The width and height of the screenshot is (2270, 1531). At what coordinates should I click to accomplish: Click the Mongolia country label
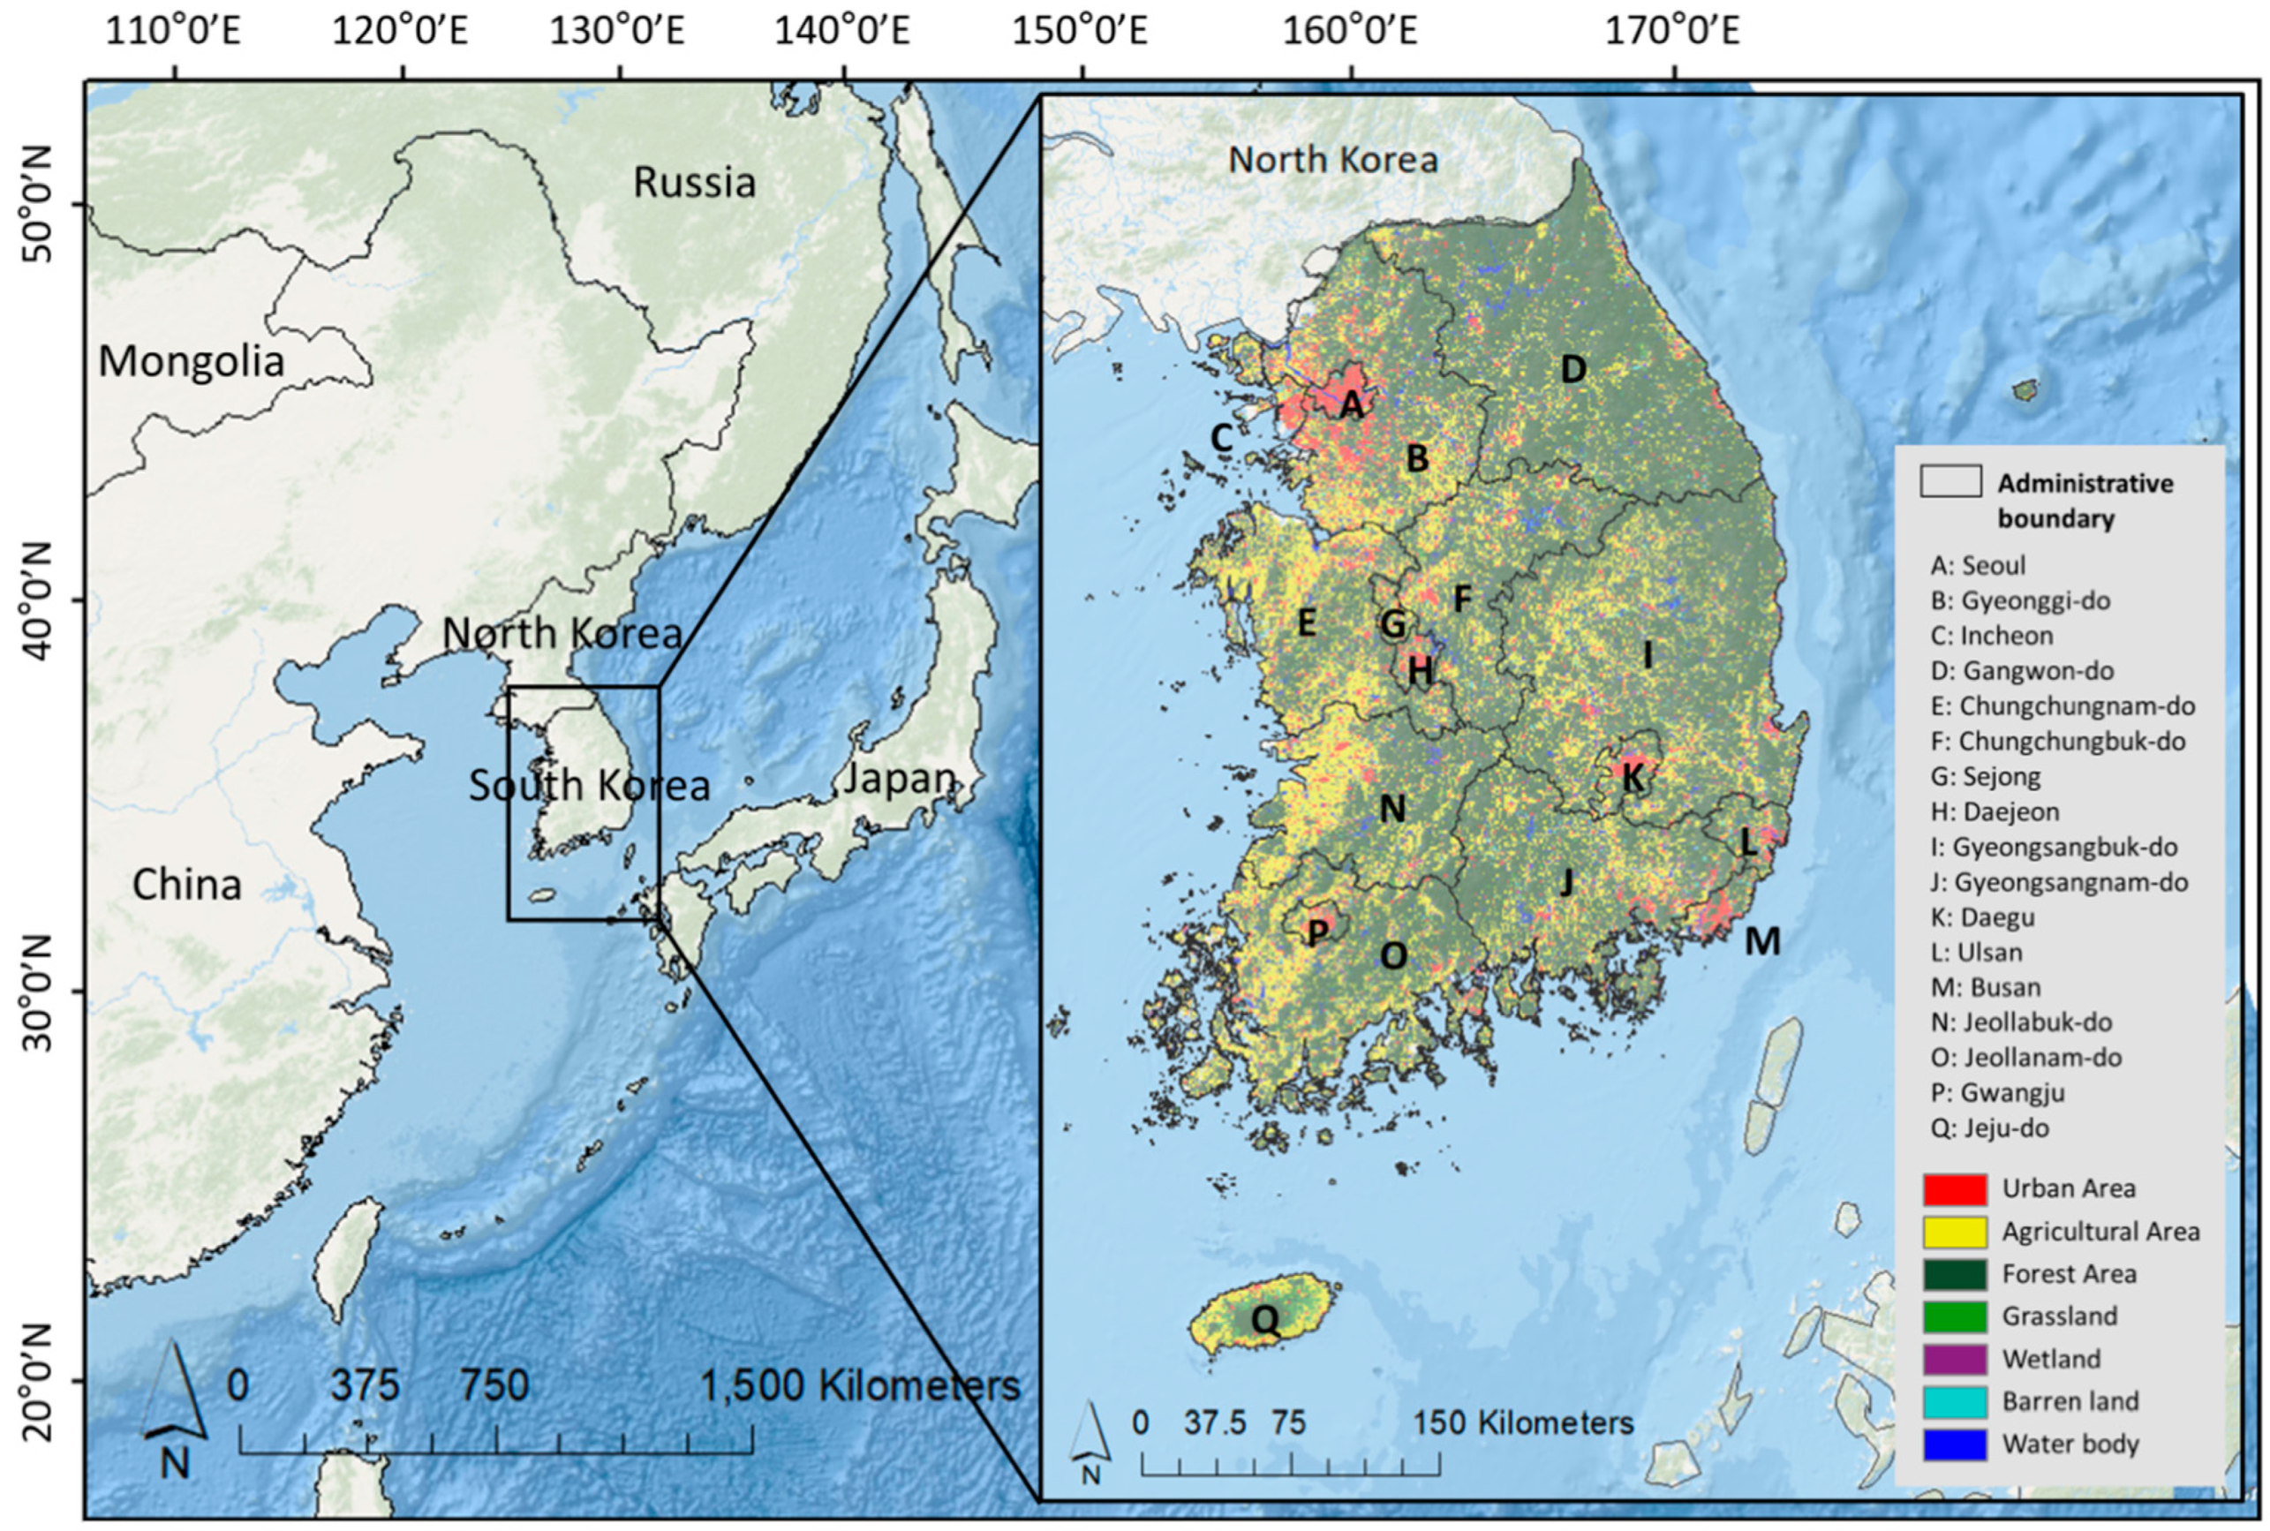tap(192, 361)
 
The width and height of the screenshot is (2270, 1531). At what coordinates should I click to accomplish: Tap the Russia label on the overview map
tap(694, 183)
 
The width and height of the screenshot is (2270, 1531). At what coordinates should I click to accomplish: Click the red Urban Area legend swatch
tap(1955, 1188)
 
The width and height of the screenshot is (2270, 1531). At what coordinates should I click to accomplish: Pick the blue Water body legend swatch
tap(1955, 1444)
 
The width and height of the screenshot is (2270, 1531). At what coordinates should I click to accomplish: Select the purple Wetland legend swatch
tap(1955, 1359)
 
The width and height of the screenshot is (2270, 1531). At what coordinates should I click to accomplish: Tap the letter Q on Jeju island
tap(1264, 1320)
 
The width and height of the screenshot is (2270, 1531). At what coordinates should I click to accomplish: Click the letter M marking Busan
tap(1762, 941)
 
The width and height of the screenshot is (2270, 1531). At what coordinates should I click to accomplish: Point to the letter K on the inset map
tap(1633, 777)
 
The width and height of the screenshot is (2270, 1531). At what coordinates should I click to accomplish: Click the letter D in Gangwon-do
tap(1572, 369)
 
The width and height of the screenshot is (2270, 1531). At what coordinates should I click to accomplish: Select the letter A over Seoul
tap(1351, 404)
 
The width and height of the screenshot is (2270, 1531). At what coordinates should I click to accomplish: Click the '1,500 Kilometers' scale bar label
tap(860, 1384)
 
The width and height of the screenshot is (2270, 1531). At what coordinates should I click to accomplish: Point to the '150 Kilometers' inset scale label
tap(1523, 1422)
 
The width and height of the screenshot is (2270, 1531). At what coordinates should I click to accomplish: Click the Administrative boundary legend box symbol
tap(1950, 481)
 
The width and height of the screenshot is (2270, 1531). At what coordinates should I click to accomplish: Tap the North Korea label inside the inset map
tap(1332, 159)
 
